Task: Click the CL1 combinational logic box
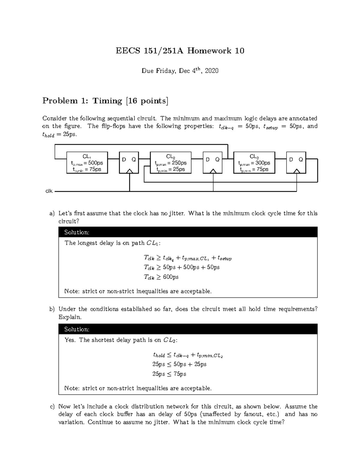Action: [x=87, y=163]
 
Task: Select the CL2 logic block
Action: [x=171, y=163]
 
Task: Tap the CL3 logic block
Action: [x=254, y=163]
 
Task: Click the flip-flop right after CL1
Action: [x=129, y=163]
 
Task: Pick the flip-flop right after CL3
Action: [x=296, y=163]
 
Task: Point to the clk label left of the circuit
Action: [x=49, y=191]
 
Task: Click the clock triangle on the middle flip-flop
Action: [x=213, y=171]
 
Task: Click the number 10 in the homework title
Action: [x=240, y=51]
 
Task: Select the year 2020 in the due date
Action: [x=212, y=71]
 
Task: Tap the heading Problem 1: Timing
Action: [x=105, y=101]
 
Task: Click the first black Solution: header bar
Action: [x=188, y=232]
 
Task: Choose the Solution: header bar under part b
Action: [x=188, y=329]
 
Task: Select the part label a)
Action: [x=52, y=213]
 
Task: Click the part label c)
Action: [x=52, y=407]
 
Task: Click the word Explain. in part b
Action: [x=70, y=317]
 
